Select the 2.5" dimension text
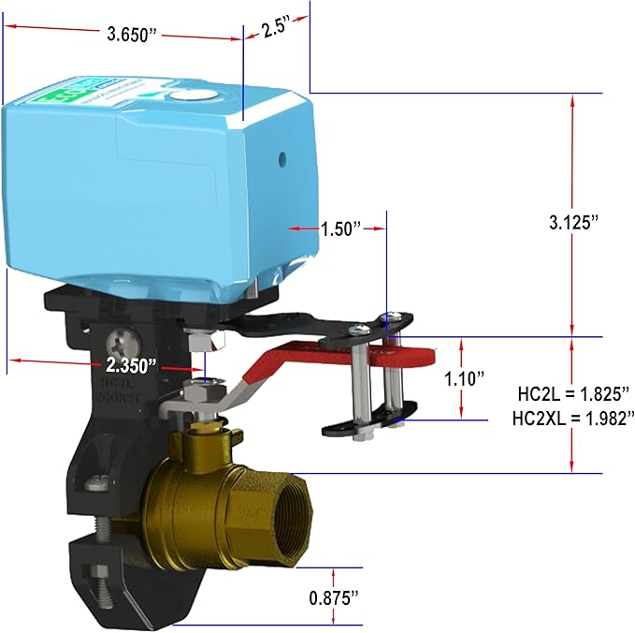point(274,25)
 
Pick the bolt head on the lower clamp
point(95,484)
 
